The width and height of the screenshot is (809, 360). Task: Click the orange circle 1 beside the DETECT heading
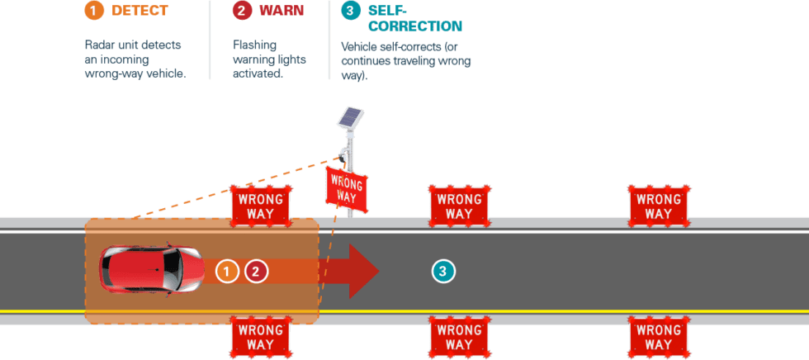pyautogui.click(x=94, y=12)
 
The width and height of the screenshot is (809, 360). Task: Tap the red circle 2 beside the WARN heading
pyautogui.click(x=241, y=12)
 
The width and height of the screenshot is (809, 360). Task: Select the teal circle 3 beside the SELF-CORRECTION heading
pyautogui.click(x=350, y=12)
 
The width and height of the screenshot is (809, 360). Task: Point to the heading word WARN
pyautogui.click(x=281, y=12)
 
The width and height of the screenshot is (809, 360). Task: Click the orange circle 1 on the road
pyautogui.click(x=227, y=270)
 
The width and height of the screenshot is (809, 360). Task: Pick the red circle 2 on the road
pyautogui.click(x=256, y=270)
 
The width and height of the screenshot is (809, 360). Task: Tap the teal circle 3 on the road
pyautogui.click(x=443, y=270)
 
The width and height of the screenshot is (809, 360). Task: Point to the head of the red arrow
pyautogui.click(x=362, y=270)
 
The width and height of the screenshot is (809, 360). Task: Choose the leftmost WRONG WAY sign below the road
pyautogui.click(x=261, y=336)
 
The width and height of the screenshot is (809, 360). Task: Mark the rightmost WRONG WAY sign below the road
pyautogui.click(x=658, y=336)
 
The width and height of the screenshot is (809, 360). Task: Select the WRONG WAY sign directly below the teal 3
pyautogui.click(x=459, y=336)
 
